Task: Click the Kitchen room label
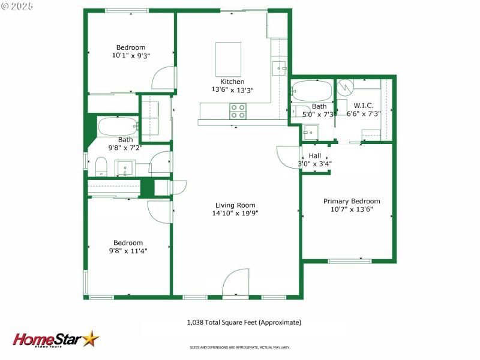pos(232,82)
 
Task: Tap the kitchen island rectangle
pos(228,59)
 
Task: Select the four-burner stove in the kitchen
pos(238,111)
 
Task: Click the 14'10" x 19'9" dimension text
pos(235,213)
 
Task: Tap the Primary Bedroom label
pos(352,201)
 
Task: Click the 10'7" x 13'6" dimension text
pos(352,209)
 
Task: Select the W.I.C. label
pos(364,106)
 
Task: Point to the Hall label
pos(315,155)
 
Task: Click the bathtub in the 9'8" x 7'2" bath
pos(118,127)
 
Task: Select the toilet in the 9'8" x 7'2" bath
pos(101,165)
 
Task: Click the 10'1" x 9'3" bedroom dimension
pos(131,55)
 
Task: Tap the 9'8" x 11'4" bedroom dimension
pos(128,251)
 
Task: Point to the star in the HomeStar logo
pos(91,338)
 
